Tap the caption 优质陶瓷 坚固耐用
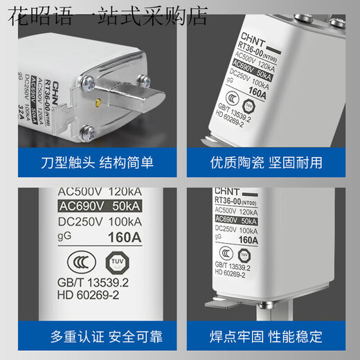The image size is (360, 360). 267,163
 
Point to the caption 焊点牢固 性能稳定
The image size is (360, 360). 267,337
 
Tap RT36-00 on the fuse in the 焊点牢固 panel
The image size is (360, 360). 231,200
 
